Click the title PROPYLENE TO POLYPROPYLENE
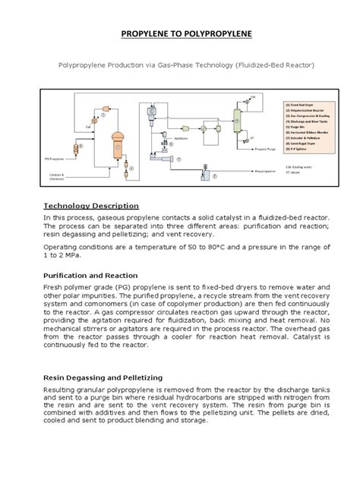click(x=179, y=35)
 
